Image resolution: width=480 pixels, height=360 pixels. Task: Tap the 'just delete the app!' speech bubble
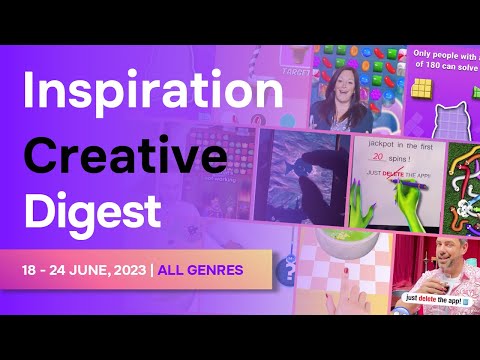(x=440, y=298)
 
